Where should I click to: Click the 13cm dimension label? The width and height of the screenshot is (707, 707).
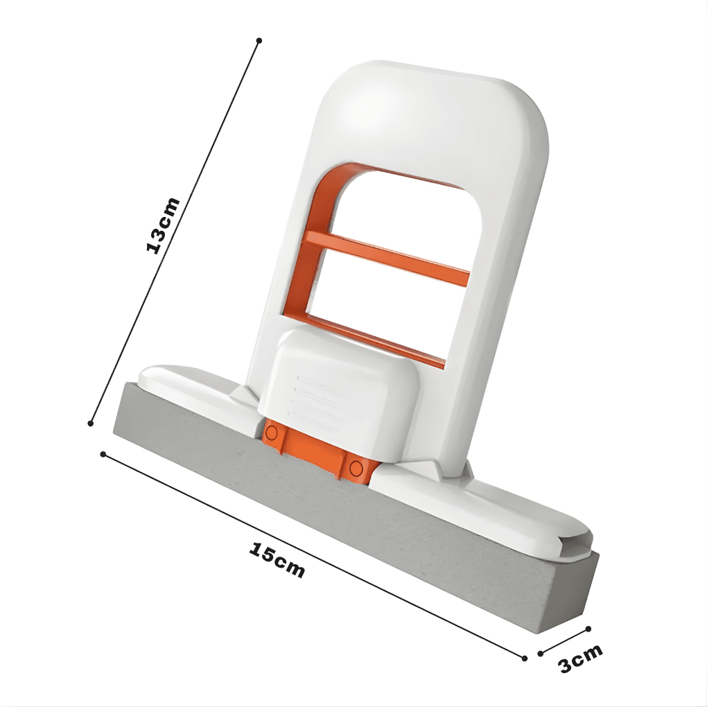click(x=164, y=225)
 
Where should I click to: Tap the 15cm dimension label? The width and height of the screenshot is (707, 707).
click(x=277, y=559)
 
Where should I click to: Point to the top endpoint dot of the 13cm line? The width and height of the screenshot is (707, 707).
click(x=259, y=41)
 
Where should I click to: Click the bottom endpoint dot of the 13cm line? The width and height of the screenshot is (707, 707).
click(x=91, y=423)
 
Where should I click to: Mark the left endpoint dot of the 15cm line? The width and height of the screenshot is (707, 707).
click(x=103, y=454)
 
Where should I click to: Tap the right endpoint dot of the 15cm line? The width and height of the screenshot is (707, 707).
click(x=525, y=656)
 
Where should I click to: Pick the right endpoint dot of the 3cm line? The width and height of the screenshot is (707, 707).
click(x=588, y=629)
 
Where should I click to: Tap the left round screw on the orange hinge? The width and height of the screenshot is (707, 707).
click(x=272, y=433)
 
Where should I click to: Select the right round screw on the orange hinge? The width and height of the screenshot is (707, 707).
click(x=356, y=466)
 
